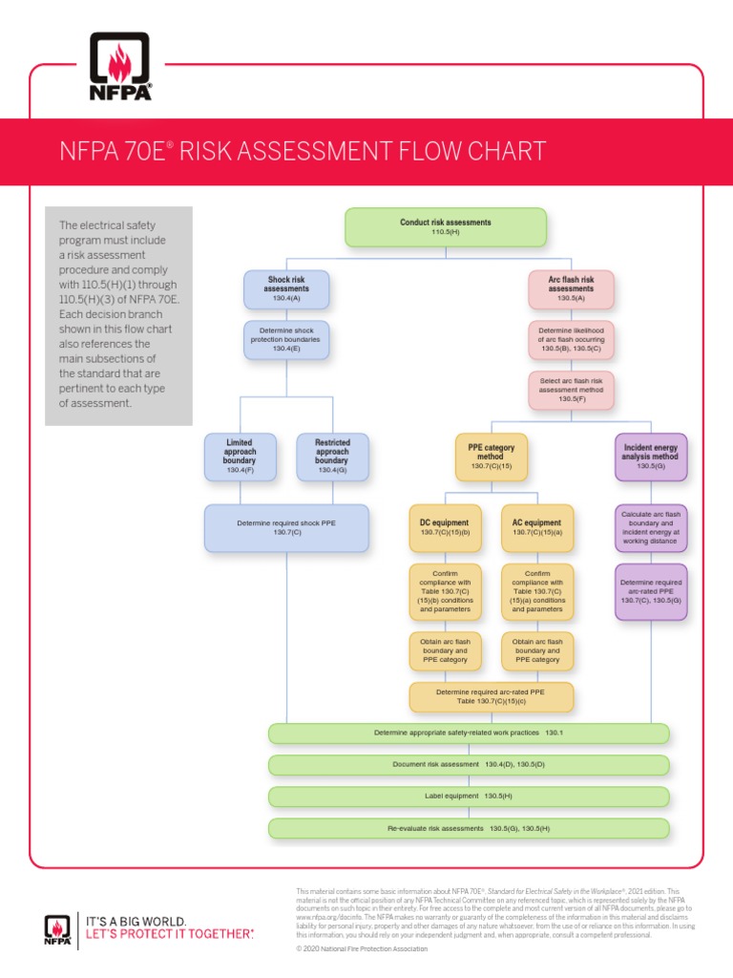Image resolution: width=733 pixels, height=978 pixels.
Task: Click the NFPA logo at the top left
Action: tap(119, 67)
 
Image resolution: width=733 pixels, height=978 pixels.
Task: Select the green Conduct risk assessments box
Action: tap(445, 227)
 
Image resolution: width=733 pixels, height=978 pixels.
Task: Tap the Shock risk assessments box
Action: tap(287, 288)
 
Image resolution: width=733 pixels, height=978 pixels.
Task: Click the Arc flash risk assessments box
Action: tap(571, 288)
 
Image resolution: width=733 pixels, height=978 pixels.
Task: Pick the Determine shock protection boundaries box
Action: tap(287, 339)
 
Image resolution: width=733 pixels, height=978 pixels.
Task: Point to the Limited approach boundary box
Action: tap(240, 457)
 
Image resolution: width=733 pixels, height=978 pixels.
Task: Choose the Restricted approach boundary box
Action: tap(332, 457)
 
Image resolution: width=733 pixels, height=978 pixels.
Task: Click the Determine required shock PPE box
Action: tap(286, 528)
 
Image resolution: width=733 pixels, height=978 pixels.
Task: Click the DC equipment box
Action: tap(445, 528)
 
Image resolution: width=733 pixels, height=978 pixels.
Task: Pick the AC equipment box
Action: tap(536, 528)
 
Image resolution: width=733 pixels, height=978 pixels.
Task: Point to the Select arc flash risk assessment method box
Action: tap(571, 390)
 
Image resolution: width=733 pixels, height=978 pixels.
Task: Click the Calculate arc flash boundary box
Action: tap(651, 527)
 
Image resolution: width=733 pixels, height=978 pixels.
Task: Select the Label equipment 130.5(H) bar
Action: tap(469, 796)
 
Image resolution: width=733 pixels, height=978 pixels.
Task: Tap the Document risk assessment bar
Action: tap(469, 765)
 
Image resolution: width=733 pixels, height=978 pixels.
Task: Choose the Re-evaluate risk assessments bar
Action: tap(469, 828)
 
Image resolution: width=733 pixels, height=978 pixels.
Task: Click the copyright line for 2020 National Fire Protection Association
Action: tap(362, 949)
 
